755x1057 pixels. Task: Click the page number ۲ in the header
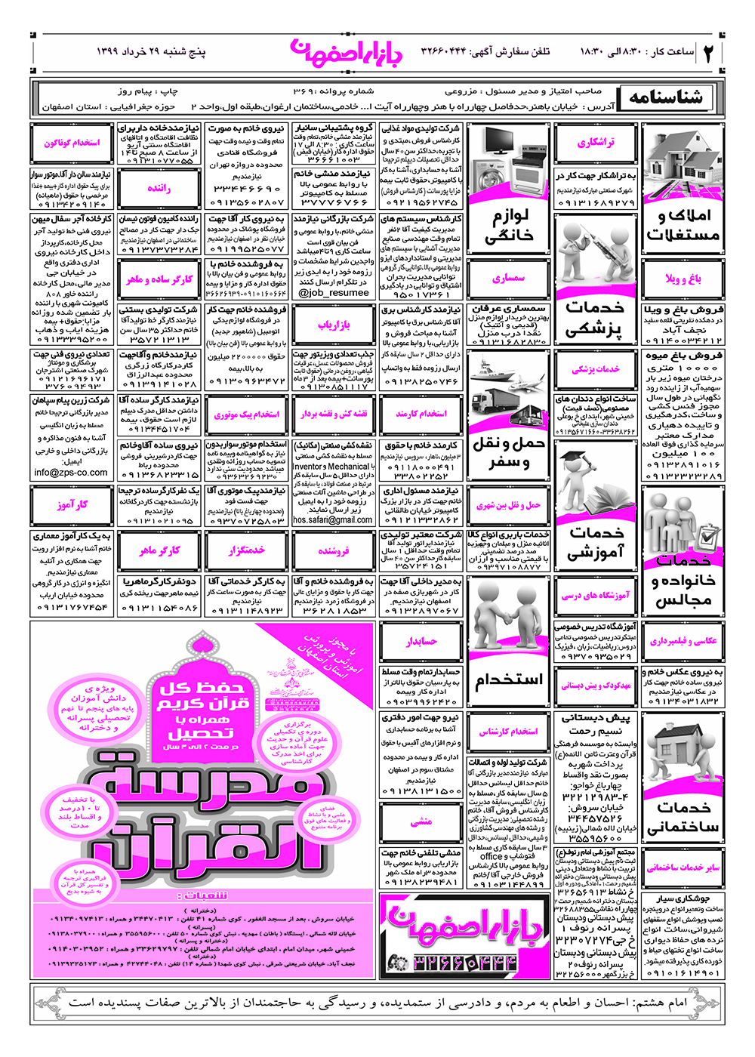click(709, 53)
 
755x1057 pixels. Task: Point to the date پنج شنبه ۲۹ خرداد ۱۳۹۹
click(151, 52)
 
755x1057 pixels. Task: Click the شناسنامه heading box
click(667, 97)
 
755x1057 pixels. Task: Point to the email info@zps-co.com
click(71, 473)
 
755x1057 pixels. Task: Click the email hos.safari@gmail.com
click(333, 520)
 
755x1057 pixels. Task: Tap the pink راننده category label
click(159, 189)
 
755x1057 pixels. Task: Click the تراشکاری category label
click(596, 143)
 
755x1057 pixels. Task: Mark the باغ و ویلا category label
click(683, 279)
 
